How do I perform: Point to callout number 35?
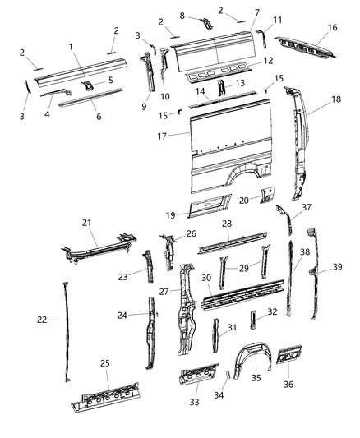pos(256,379)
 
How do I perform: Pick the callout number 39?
pos(338,266)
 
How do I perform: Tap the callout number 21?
pos(87,222)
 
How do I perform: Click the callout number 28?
pos(227,224)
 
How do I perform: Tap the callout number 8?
pos(182,16)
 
